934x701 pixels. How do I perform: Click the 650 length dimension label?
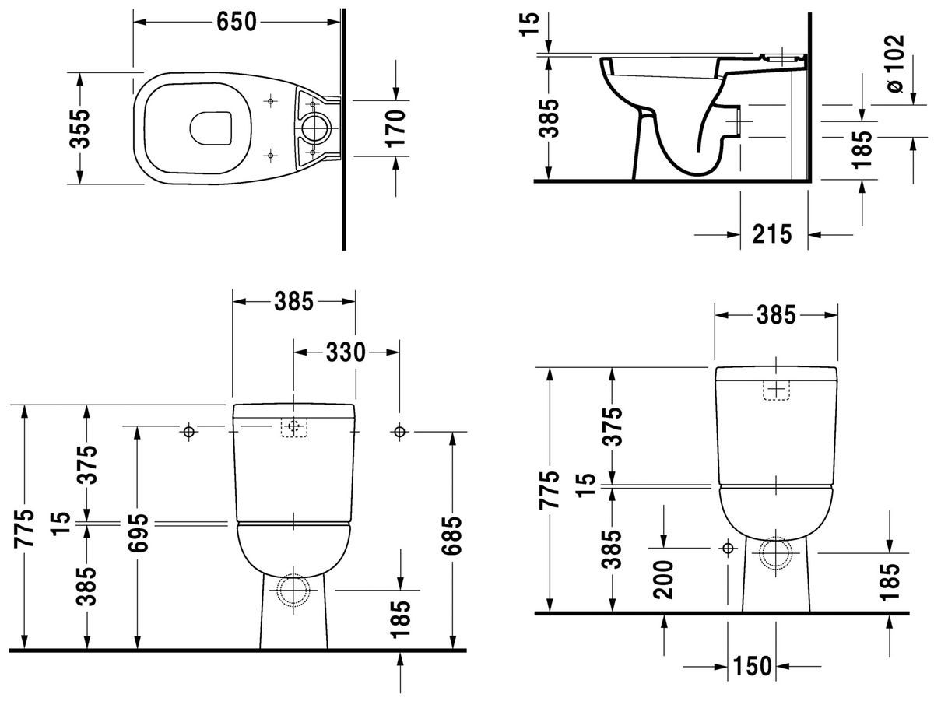tap(237, 23)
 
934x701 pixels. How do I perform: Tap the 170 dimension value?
tap(397, 128)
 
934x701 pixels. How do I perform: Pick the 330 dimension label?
tap(346, 352)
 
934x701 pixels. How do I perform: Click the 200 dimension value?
tap(664, 580)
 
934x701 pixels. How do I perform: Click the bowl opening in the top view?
tap(211, 128)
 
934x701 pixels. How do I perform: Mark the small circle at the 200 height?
tap(728, 549)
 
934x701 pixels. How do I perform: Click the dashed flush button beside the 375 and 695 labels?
tap(293, 427)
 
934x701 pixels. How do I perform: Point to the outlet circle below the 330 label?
tap(293, 590)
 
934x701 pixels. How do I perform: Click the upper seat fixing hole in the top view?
tap(270, 101)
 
